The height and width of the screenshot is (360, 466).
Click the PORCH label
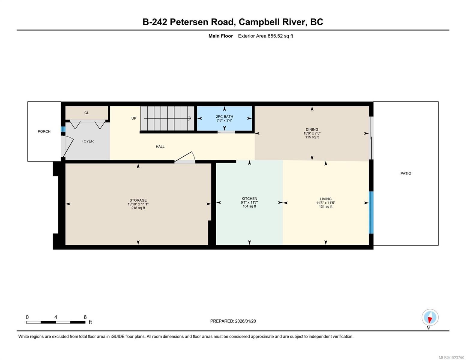pos(44,131)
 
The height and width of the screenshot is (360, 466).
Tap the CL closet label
pos(86,113)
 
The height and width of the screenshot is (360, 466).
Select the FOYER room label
pos(88,141)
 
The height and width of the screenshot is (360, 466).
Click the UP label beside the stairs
pos(134,118)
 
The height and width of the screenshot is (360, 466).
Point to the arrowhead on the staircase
pos(190,118)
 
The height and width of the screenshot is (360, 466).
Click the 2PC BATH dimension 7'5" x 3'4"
pos(224,121)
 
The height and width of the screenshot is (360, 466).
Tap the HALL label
pos(160,146)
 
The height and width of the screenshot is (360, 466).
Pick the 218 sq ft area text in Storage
pos(138,208)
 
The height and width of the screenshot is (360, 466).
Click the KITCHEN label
pos(249,199)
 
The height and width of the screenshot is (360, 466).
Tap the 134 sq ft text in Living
pos(326,207)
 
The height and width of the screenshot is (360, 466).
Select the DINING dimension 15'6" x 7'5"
pos(312,133)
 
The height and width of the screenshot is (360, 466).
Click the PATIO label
pos(406,173)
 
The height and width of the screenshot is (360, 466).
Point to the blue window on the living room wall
pos(371,212)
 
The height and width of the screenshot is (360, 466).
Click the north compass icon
pos(430,317)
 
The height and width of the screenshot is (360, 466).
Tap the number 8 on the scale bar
pos(85,317)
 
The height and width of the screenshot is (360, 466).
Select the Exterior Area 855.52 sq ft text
pos(265,36)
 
